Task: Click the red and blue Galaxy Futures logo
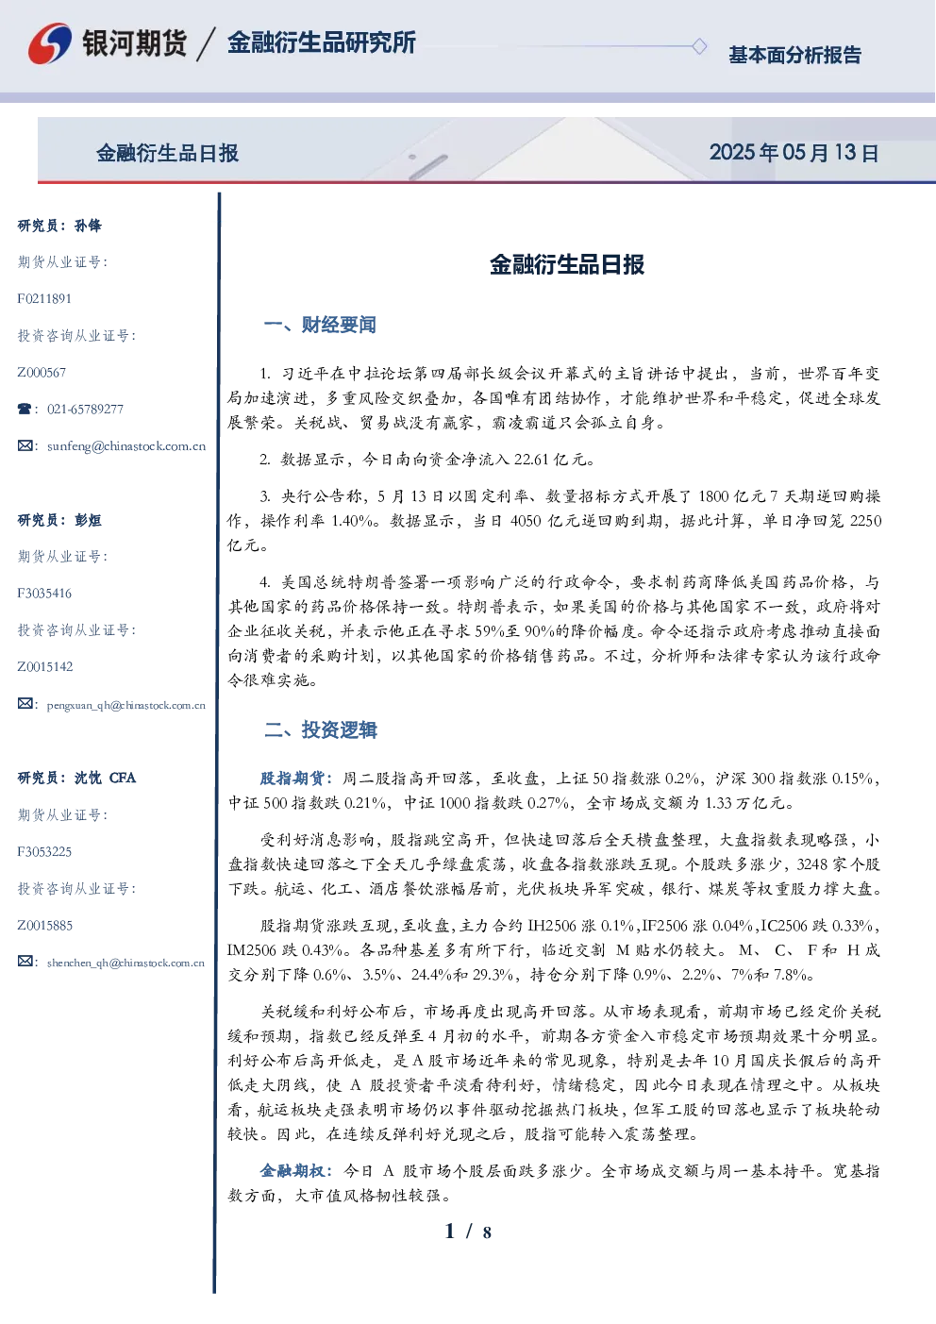(x=50, y=42)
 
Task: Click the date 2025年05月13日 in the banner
(x=794, y=153)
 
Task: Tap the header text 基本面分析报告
(x=794, y=55)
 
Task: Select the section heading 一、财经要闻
(x=320, y=325)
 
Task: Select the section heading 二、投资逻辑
(x=320, y=730)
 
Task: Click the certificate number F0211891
(x=44, y=298)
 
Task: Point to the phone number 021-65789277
(x=86, y=409)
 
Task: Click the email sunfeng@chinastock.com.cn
(x=126, y=446)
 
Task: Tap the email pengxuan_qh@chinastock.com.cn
(x=126, y=705)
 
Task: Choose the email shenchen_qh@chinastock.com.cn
(x=125, y=963)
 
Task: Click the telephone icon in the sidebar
(x=25, y=409)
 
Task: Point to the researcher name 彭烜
(x=88, y=520)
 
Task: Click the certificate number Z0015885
(x=45, y=926)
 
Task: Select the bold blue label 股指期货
(x=292, y=779)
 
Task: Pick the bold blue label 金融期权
(x=292, y=1171)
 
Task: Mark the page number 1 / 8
(x=468, y=1232)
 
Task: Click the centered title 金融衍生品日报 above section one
(x=567, y=264)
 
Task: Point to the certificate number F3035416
(x=44, y=594)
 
